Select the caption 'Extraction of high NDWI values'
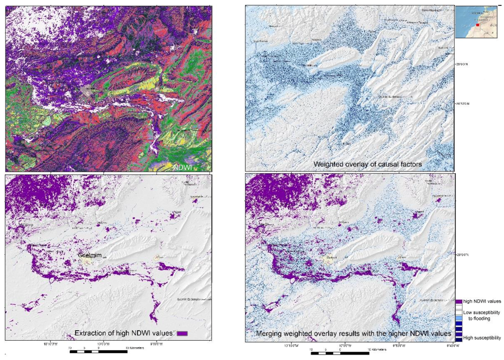(123, 333)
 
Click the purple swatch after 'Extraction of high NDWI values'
(182, 334)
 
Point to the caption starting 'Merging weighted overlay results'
(353, 334)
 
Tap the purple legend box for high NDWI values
(458, 301)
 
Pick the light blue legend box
(458, 319)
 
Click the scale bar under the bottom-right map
(340, 351)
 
